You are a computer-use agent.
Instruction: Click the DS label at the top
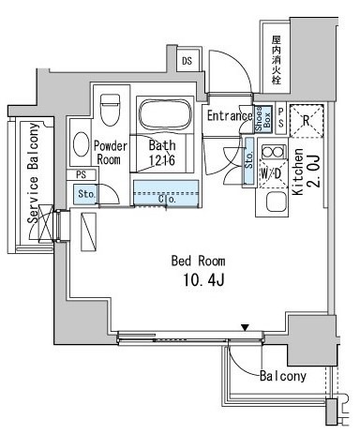click(187, 61)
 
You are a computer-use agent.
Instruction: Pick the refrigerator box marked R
click(305, 119)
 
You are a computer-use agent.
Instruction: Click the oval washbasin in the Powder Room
click(81, 145)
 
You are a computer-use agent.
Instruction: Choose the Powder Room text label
click(111, 153)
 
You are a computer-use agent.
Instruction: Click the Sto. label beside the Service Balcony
click(84, 194)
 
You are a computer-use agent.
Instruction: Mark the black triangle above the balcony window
click(245, 327)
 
